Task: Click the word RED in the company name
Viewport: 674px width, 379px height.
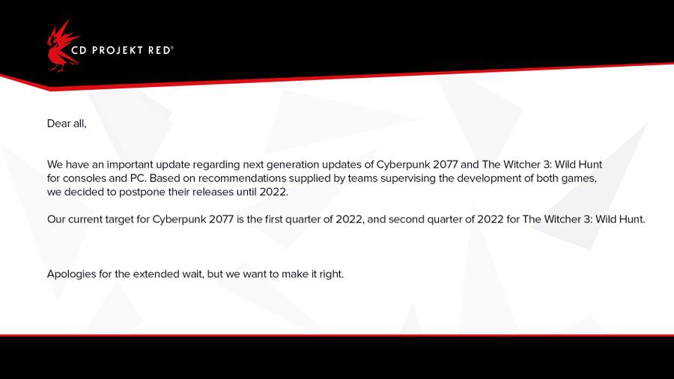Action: coord(160,50)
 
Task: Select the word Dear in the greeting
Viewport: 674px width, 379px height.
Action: coord(58,124)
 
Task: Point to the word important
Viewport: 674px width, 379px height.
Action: coord(130,165)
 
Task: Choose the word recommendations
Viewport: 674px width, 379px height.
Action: coord(243,178)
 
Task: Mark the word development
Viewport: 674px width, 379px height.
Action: coord(487,179)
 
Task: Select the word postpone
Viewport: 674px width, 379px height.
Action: coord(142,192)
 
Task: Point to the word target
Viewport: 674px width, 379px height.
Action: coord(121,219)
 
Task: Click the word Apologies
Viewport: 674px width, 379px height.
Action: coord(71,275)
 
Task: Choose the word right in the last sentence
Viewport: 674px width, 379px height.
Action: coord(332,275)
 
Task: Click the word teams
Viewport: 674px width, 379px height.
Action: coord(362,178)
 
